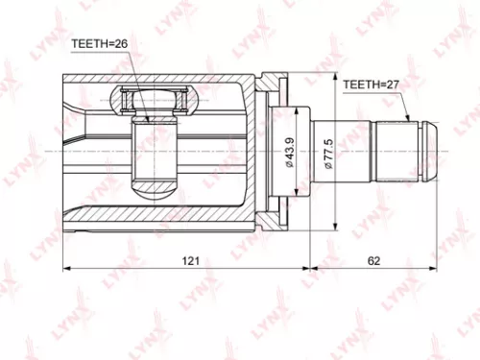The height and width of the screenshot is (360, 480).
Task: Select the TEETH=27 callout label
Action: click(x=372, y=85)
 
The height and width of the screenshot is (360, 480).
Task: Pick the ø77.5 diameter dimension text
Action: click(x=328, y=154)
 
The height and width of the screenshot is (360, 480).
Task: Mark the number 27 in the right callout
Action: click(x=394, y=85)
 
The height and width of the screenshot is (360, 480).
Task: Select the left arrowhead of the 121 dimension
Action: click(x=65, y=269)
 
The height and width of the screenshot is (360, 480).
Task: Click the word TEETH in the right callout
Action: click(x=361, y=85)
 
